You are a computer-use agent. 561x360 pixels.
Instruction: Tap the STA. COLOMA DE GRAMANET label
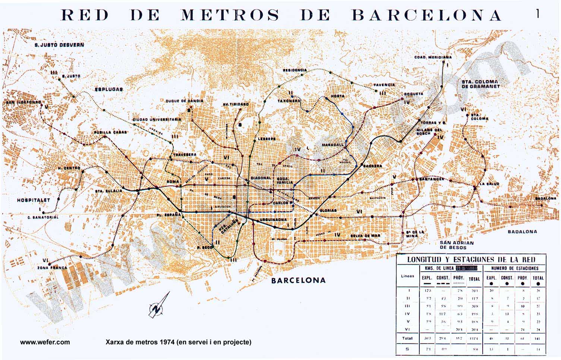point(480,84)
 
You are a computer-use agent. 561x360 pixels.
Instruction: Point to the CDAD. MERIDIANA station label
point(433,57)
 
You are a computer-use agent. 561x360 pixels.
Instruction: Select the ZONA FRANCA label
point(52,268)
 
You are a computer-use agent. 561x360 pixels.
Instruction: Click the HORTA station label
point(338,96)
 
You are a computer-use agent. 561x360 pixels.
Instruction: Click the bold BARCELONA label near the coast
point(298,280)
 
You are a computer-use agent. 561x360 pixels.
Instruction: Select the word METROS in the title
point(230,15)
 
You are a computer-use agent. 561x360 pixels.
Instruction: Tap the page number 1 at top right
point(537,14)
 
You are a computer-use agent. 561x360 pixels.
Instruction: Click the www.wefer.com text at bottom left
point(45,342)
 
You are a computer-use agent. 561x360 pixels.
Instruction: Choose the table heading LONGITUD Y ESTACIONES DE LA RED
point(471,259)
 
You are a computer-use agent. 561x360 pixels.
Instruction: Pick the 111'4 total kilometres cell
point(474,338)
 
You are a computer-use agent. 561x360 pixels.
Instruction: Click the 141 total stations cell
point(537,338)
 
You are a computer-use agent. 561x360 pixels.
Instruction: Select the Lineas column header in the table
point(408,276)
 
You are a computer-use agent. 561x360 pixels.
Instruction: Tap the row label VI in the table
point(407,329)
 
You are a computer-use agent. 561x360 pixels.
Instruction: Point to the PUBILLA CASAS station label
point(110,132)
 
